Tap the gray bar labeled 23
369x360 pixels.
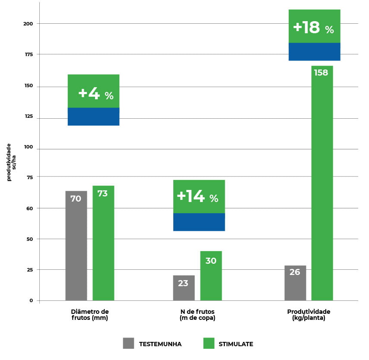coord(184,287)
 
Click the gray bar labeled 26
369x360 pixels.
coord(295,283)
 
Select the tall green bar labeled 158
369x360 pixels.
coord(322,183)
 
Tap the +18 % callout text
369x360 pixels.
coord(313,28)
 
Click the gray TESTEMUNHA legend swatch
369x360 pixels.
coord(128,343)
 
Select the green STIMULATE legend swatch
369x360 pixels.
coord(209,343)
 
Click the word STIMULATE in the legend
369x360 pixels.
coord(236,344)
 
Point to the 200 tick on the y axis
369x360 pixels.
coord(29,24)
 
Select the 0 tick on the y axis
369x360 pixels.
coord(31,300)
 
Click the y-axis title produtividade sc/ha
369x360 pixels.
coord(11,162)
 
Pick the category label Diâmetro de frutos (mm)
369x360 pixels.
coord(89,315)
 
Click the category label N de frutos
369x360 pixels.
coord(197,315)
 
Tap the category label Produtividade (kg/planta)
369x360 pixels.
coord(309,315)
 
